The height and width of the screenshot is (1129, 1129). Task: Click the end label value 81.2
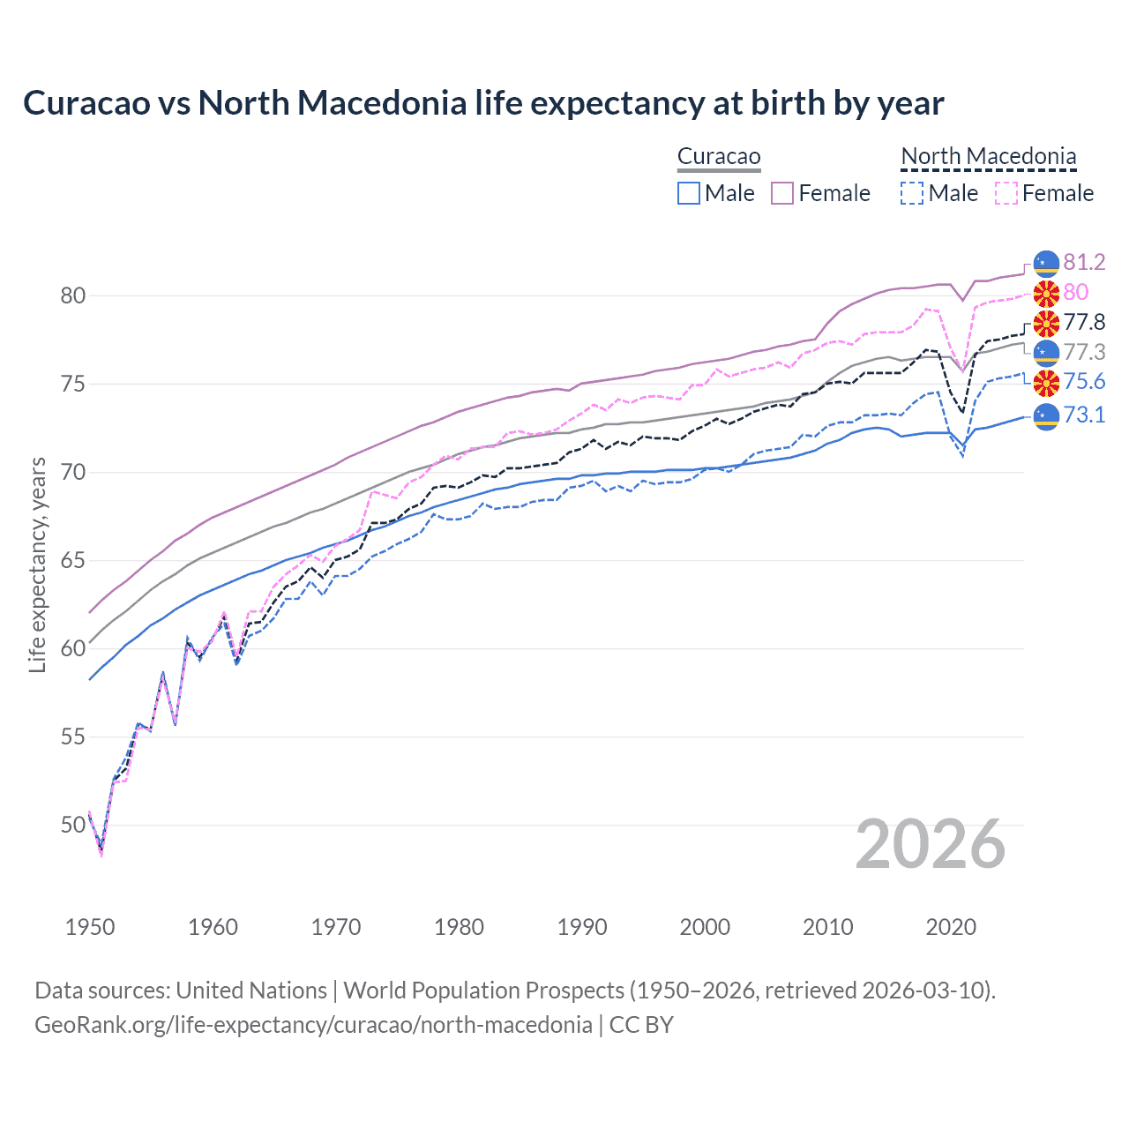1084,262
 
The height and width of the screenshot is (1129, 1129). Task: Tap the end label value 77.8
1084,322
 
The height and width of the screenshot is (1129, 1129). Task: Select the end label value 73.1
1084,415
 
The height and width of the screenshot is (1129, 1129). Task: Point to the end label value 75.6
1084,381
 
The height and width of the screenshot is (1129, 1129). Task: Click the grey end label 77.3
1084,352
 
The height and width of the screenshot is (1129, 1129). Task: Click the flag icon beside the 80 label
1046,293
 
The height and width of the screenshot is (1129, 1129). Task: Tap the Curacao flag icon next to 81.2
1046,263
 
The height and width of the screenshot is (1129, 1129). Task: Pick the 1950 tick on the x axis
90,927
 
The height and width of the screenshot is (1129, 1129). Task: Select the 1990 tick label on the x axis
582,927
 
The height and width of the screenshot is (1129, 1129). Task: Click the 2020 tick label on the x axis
951,927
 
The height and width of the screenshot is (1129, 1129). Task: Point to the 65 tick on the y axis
73,560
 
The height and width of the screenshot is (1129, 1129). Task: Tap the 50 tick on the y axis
73,825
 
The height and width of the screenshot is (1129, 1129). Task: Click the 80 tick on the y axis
73,295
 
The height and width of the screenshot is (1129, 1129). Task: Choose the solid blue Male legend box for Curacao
689,193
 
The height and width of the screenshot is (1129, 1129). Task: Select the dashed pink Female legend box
1006,193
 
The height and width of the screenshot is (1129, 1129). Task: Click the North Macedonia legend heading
989,157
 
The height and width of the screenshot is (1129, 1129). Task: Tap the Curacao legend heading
719,157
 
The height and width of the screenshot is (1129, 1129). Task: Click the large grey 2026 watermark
931,844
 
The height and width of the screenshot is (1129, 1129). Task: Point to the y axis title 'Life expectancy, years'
37,564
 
